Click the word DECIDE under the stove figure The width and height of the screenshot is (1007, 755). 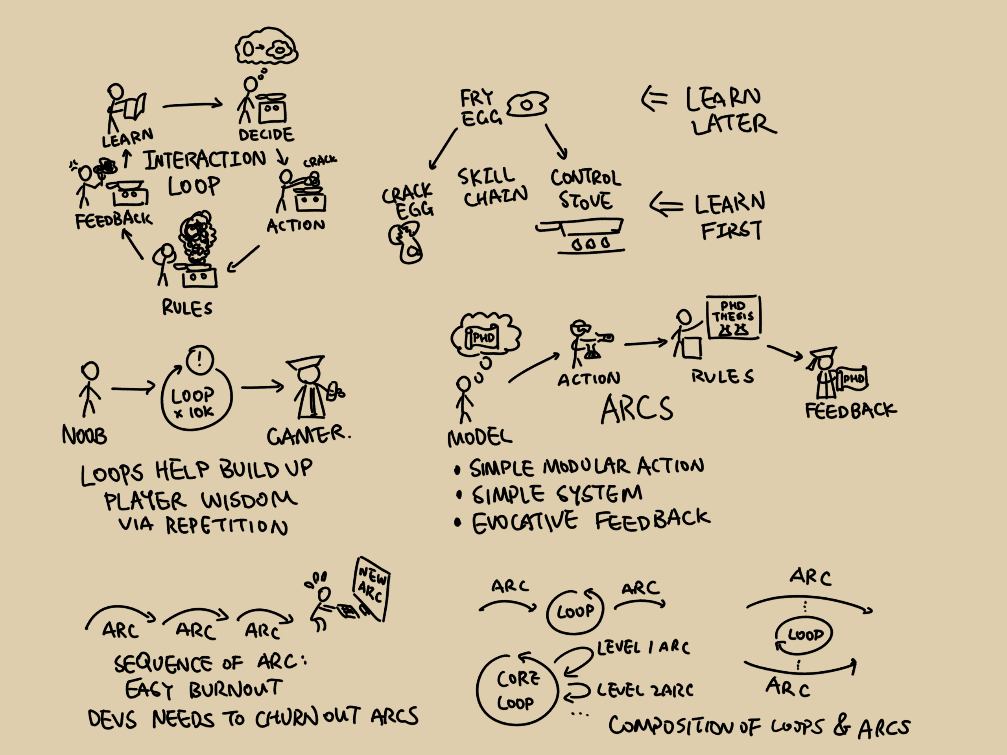(x=266, y=135)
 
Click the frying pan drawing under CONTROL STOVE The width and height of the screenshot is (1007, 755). (x=581, y=228)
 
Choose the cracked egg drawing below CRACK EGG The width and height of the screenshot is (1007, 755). (x=405, y=243)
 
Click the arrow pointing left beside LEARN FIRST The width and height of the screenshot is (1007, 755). (x=666, y=205)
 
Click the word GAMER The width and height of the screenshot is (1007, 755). (x=308, y=436)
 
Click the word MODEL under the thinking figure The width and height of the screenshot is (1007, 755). (x=480, y=437)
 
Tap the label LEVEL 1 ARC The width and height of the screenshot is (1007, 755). (x=643, y=647)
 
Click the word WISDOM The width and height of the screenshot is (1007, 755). (x=249, y=500)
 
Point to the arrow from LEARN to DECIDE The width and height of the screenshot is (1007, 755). (x=193, y=105)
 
